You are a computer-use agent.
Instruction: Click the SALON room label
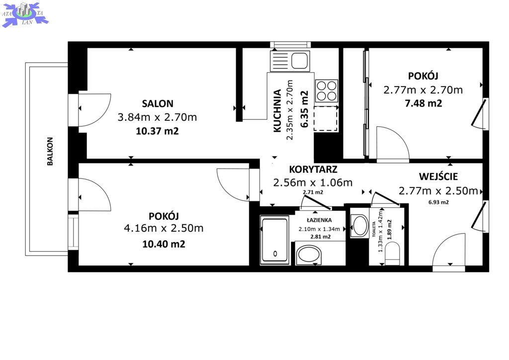tap(158, 103)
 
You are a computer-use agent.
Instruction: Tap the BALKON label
tap(50, 151)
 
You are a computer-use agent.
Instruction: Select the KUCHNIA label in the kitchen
tap(277, 111)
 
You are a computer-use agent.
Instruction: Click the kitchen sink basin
tap(299, 61)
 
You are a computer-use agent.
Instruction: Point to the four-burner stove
tap(326, 91)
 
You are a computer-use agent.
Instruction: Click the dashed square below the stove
tap(326, 118)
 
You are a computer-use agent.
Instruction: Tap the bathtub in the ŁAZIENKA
tap(274, 240)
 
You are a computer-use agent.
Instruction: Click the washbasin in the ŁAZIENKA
tap(309, 255)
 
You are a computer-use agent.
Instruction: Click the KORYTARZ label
tap(313, 170)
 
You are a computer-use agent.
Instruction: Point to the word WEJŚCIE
tap(438, 177)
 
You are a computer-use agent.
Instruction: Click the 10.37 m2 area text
tap(157, 131)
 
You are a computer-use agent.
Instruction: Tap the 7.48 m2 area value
tap(424, 103)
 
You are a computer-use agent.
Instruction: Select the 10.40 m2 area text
tap(164, 244)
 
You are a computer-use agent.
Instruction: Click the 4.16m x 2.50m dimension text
tap(164, 228)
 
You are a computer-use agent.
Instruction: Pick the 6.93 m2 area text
tap(438, 202)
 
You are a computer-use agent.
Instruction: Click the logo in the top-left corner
tap(25, 14)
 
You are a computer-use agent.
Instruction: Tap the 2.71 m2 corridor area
tap(313, 192)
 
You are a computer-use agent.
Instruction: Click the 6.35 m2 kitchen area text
tap(304, 109)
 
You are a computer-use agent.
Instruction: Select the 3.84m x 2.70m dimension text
tap(157, 117)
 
